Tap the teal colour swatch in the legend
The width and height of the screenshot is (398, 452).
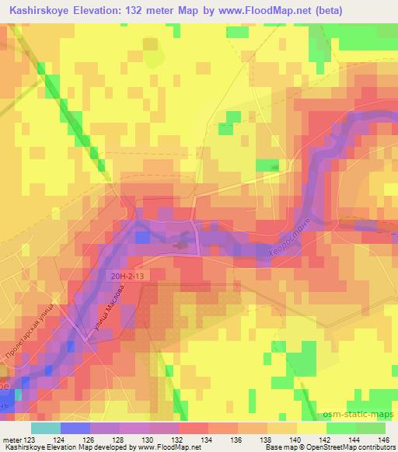[x=45, y=427]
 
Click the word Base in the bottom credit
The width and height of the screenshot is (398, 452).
[x=274, y=447]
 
